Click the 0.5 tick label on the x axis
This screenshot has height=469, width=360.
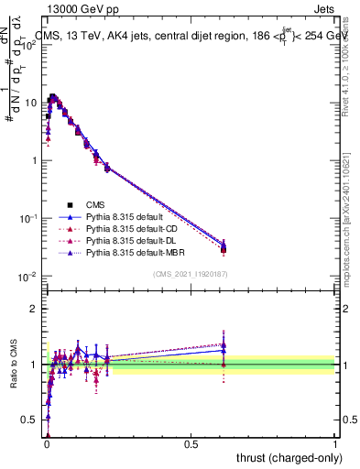(191, 443)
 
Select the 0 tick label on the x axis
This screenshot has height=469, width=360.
(47, 443)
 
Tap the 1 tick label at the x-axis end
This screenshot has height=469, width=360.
(335, 443)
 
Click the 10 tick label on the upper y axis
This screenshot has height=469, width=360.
(30, 103)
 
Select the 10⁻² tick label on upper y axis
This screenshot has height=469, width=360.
(28, 276)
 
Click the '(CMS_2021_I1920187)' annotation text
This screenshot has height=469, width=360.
(191, 274)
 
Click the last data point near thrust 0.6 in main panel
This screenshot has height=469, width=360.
(224, 246)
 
